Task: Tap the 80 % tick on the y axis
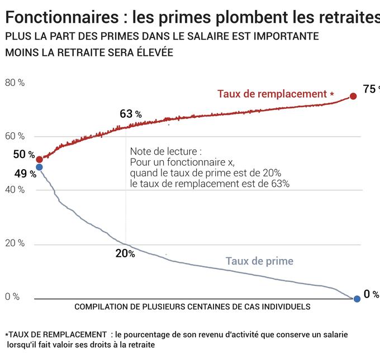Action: pyautogui.click(x=15, y=83)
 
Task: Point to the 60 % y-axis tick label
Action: pyautogui.click(x=15, y=136)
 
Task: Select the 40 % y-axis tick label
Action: pyautogui.click(x=15, y=190)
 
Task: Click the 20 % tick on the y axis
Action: pyautogui.click(x=15, y=243)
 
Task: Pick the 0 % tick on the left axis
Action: pyautogui.click(x=12, y=296)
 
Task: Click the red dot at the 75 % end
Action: pyautogui.click(x=353, y=96)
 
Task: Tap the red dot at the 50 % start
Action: pyautogui.click(x=39, y=160)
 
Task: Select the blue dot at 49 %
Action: pyautogui.click(x=39, y=167)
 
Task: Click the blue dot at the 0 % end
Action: pyautogui.click(x=357, y=299)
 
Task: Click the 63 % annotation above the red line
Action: pyautogui.click(x=130, y=114)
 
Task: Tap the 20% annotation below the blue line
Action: pyautogui.click(x=125, y=253)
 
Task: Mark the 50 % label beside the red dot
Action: pyautogui.click(x=24, y=155)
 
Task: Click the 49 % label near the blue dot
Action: pyautogui.click(x=25, y=174)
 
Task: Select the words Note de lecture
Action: pyautogui.click(x=165, y=152)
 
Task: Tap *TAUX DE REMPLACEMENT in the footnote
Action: pyautogui.click(x=56, y=334)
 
